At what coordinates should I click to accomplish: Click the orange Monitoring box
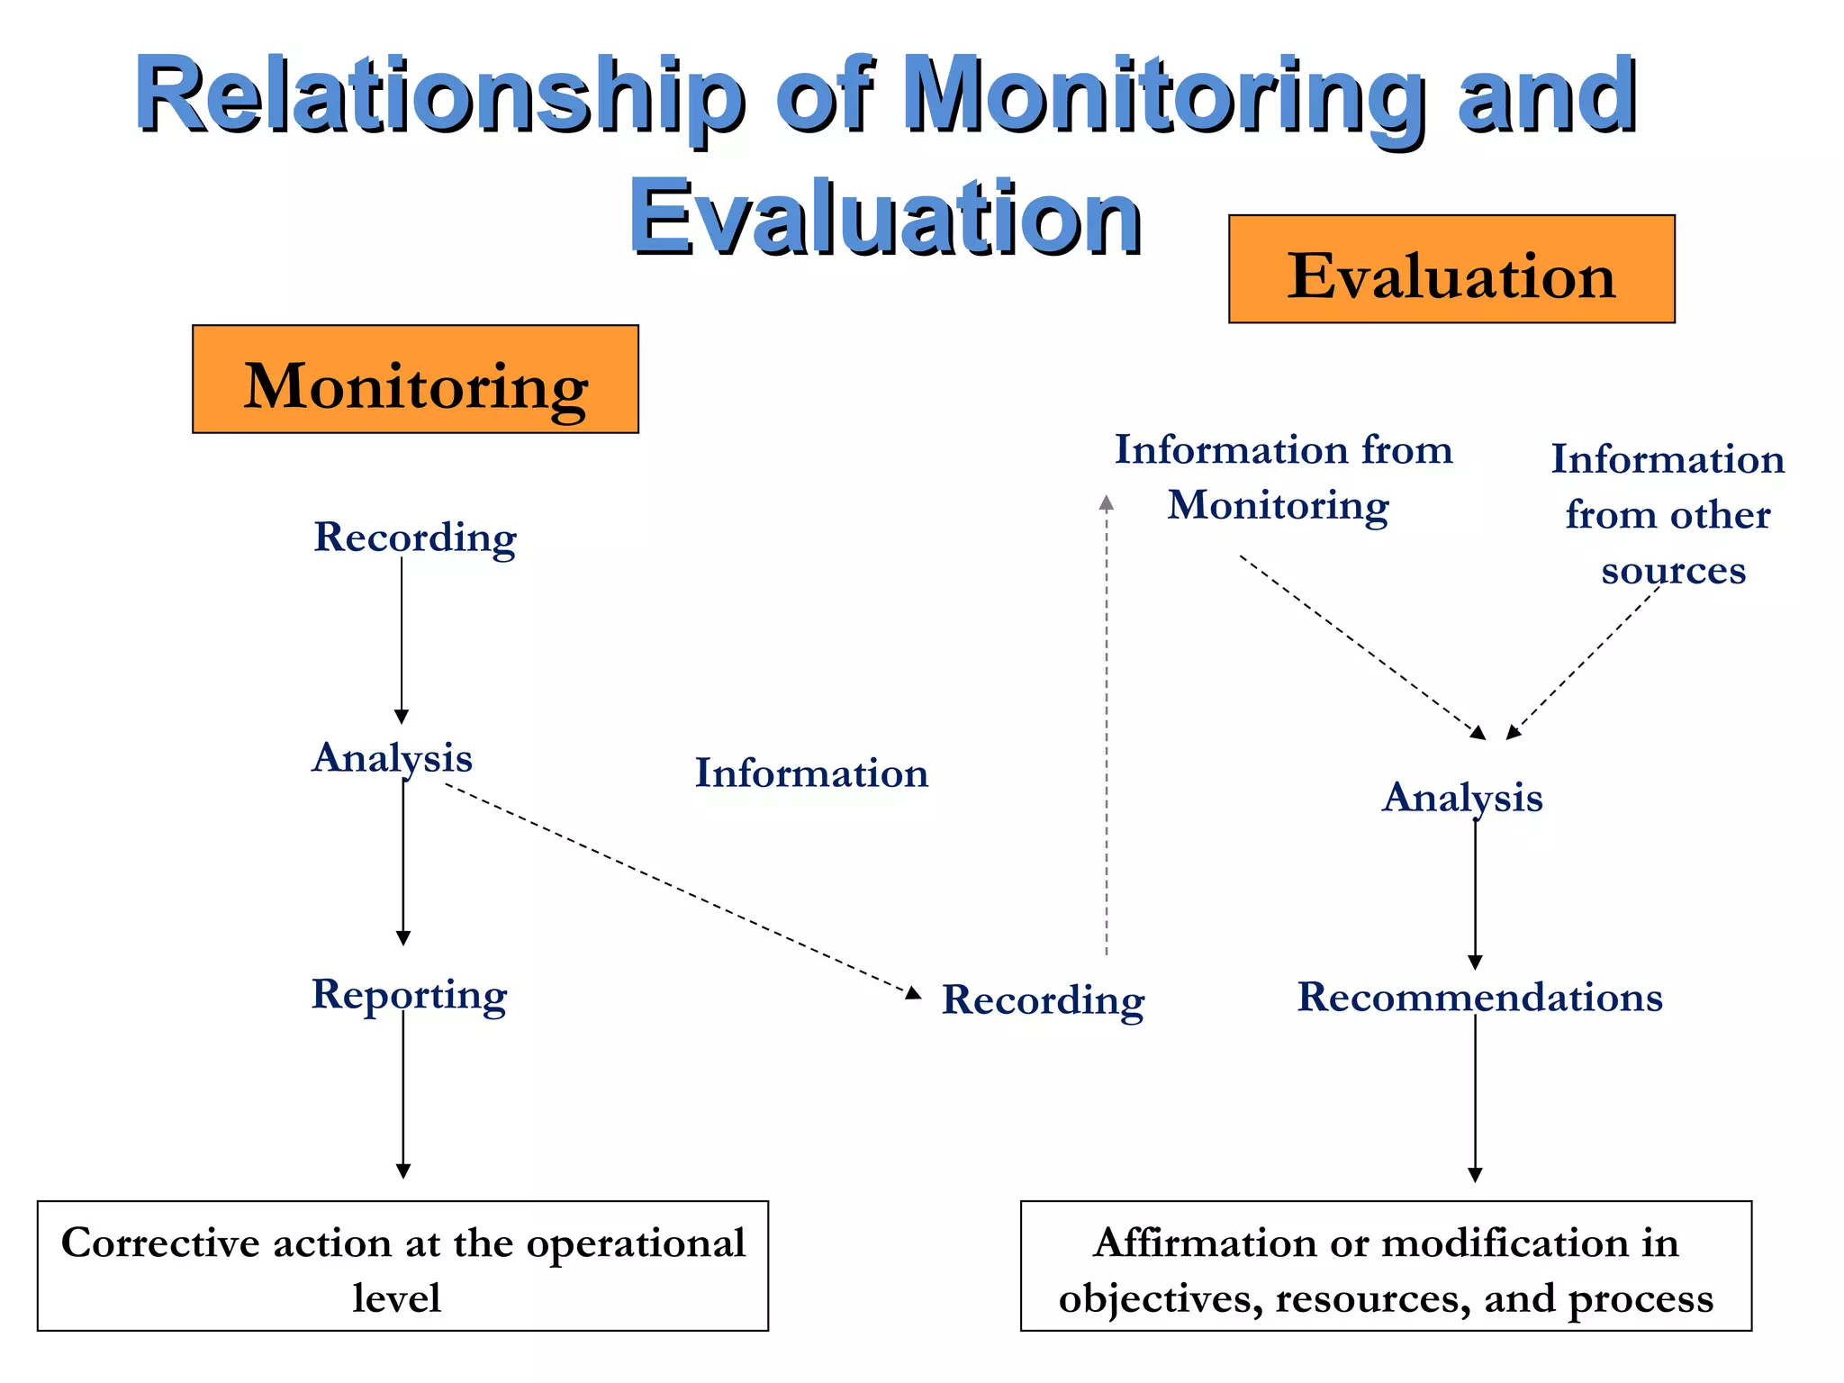(415, 379)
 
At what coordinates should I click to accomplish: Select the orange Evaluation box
(1451, 269)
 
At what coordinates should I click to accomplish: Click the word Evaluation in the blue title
(885, 217)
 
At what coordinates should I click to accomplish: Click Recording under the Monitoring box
(415, 538)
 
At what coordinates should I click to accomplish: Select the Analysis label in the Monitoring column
(392, 758)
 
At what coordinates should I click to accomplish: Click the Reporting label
(409, 995)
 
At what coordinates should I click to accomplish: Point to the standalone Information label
(811, 773)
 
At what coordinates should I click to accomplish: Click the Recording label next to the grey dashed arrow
(1043, 1000)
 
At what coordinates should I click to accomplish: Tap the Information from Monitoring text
(1282, 477)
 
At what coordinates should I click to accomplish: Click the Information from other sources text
(1668, 514)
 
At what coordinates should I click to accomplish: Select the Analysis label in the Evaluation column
(1462, 798)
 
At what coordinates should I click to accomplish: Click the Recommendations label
(1479, 998)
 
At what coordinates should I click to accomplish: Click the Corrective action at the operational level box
(402, 1266)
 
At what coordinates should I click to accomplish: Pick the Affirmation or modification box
(1386, 1266)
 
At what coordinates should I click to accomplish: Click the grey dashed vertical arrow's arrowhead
(1107, 502)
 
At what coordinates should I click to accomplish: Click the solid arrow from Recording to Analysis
(402, 639)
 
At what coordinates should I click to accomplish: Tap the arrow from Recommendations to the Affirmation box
(1475, 1098)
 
